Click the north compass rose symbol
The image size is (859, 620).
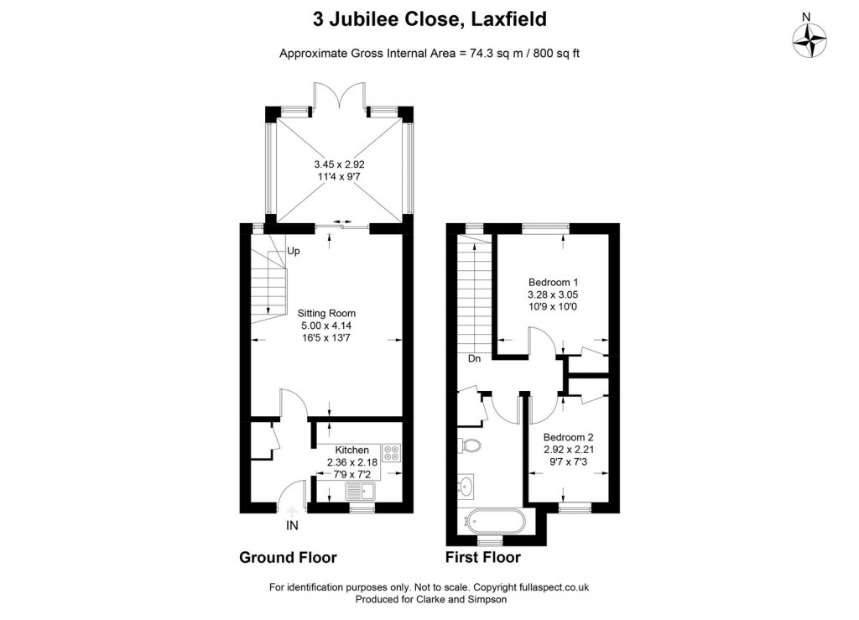pos(810,39)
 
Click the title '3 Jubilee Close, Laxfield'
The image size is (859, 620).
pos(429,18)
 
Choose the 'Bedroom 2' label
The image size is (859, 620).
pos(568,437)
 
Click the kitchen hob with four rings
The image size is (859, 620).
pos(392,453)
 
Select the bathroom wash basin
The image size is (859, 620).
pos(467,485)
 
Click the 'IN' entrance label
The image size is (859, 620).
pos(292,526)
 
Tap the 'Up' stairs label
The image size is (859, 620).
pos(294,251)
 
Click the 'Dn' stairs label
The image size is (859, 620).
pos(474,358)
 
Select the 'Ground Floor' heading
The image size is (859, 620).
pos(288,557)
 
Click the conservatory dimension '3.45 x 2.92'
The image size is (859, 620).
pos(338,164)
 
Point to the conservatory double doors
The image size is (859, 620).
pos(339,96)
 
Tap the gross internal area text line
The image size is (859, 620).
pos(429,53)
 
